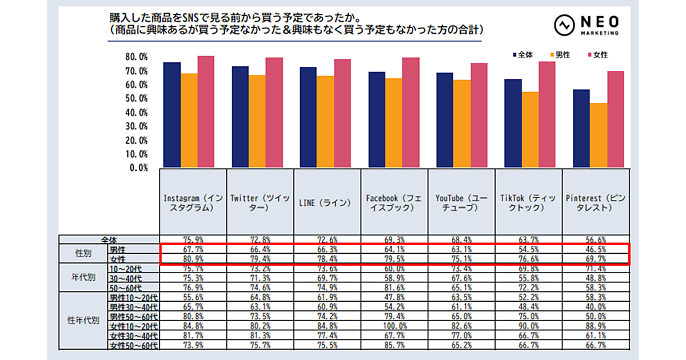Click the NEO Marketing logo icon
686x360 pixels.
click(x=564, y=25)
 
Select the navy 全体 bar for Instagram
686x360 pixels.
click(x=171, y=114)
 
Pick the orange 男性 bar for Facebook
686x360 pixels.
click(x=393, y=122)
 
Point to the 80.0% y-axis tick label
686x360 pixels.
click(x=137, y=58)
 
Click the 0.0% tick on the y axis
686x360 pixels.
click(x=139, y=168)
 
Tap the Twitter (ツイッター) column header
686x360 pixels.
click(x=260, y=203)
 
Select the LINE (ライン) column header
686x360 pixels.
click(x=327, y=203)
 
